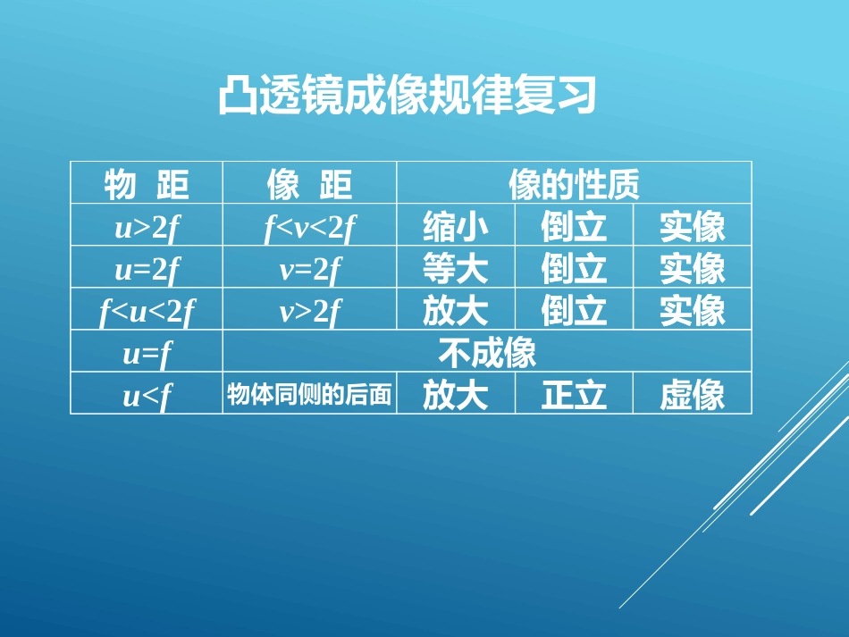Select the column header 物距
pos(147,184)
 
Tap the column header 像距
pos(309,184)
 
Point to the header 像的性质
pos(574,184)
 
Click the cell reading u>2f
pos(147,227)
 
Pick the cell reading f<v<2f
pos(309,227)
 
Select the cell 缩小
pos(456,227)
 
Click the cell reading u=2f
pos(147,269)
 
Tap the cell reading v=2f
pos(309,269)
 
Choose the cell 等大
pos(456,269)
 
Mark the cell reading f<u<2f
pos(147,311)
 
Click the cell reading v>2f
pos(309,311)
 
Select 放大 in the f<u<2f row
pos(456,311)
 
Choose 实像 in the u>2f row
pos(693,227)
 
